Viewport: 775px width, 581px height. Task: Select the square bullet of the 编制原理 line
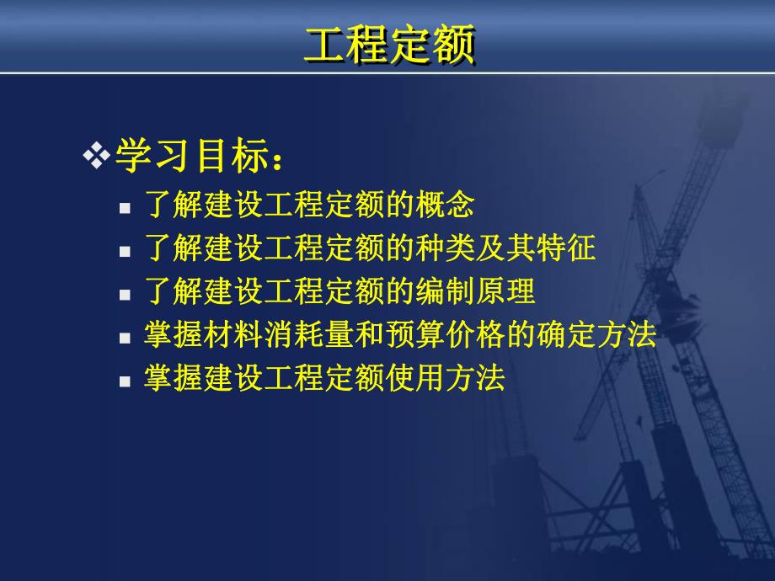[125, 294]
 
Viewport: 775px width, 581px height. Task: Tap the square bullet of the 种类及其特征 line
[125, 251]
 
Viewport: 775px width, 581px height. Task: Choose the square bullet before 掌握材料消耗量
[125, 338]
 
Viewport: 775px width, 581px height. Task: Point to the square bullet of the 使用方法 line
[125, 381]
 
